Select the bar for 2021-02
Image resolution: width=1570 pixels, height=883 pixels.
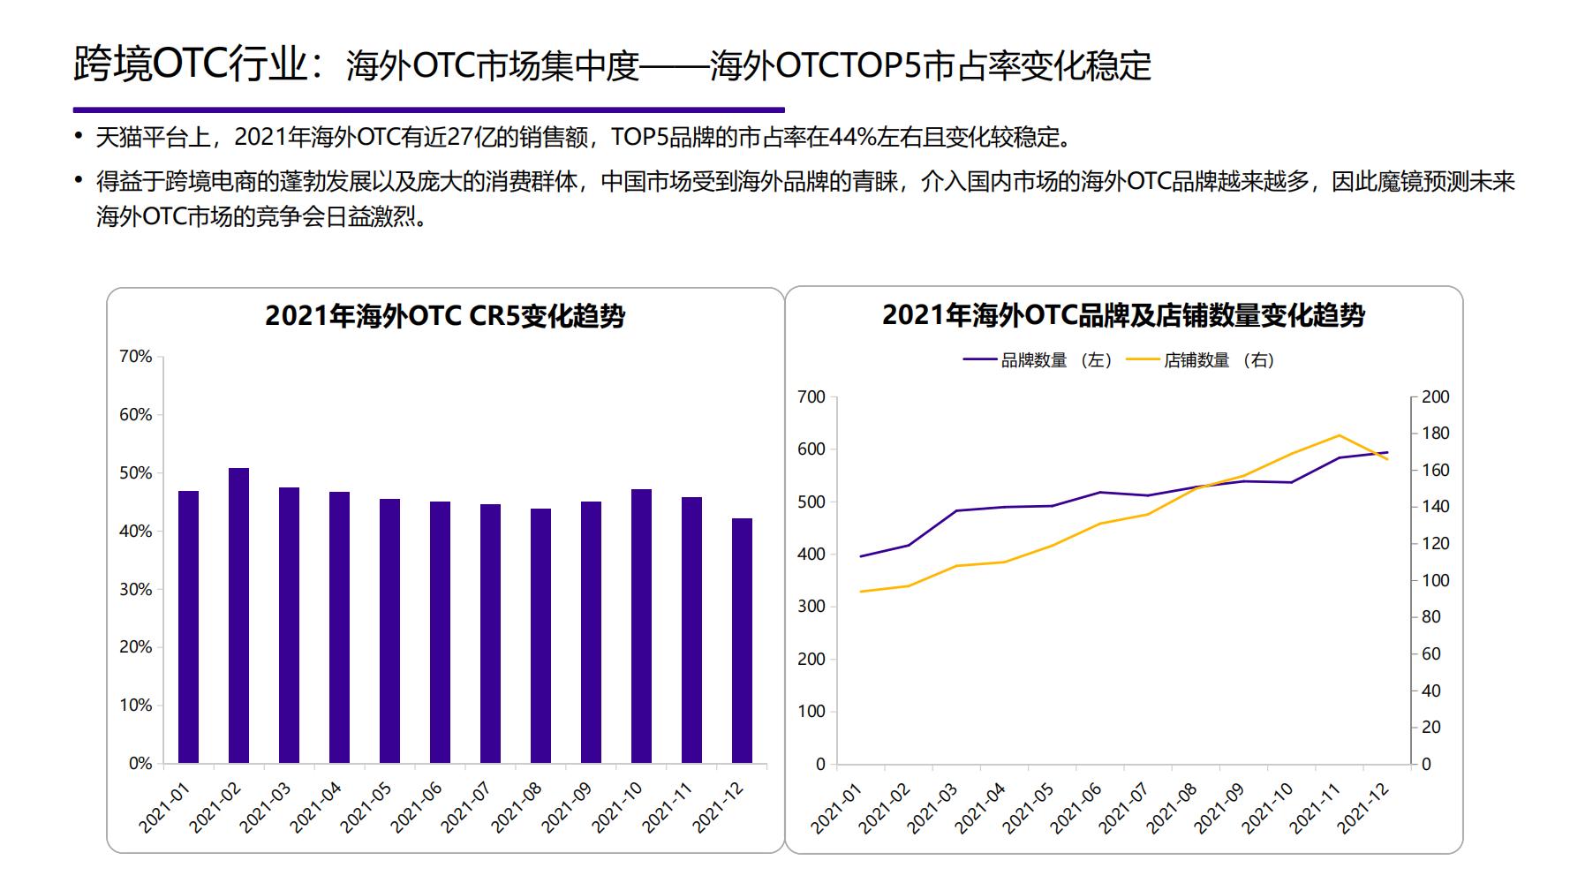[x=238, y=615]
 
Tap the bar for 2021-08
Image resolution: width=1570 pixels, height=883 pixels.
[x=540, y=636]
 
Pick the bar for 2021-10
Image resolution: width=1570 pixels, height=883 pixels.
[x=641, y=626]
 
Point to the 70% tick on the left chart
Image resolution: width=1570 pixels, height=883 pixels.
[x=136, y=357]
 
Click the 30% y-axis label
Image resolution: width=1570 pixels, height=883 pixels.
[x=136, y=589]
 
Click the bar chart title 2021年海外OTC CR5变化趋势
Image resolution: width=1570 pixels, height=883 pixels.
[x=445, y=316]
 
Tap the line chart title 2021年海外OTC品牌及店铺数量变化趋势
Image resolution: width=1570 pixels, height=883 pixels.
[x=1123, y=315]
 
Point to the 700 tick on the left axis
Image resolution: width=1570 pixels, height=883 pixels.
[x=811, y=397]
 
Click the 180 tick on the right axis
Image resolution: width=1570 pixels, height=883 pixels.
[x=1436, y=434]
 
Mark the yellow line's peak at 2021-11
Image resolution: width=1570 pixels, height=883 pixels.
[x=1340, y=435]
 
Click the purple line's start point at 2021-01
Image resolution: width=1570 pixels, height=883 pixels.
[x=861, y=556]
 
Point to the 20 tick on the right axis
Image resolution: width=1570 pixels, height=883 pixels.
[x=1431, y=728]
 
